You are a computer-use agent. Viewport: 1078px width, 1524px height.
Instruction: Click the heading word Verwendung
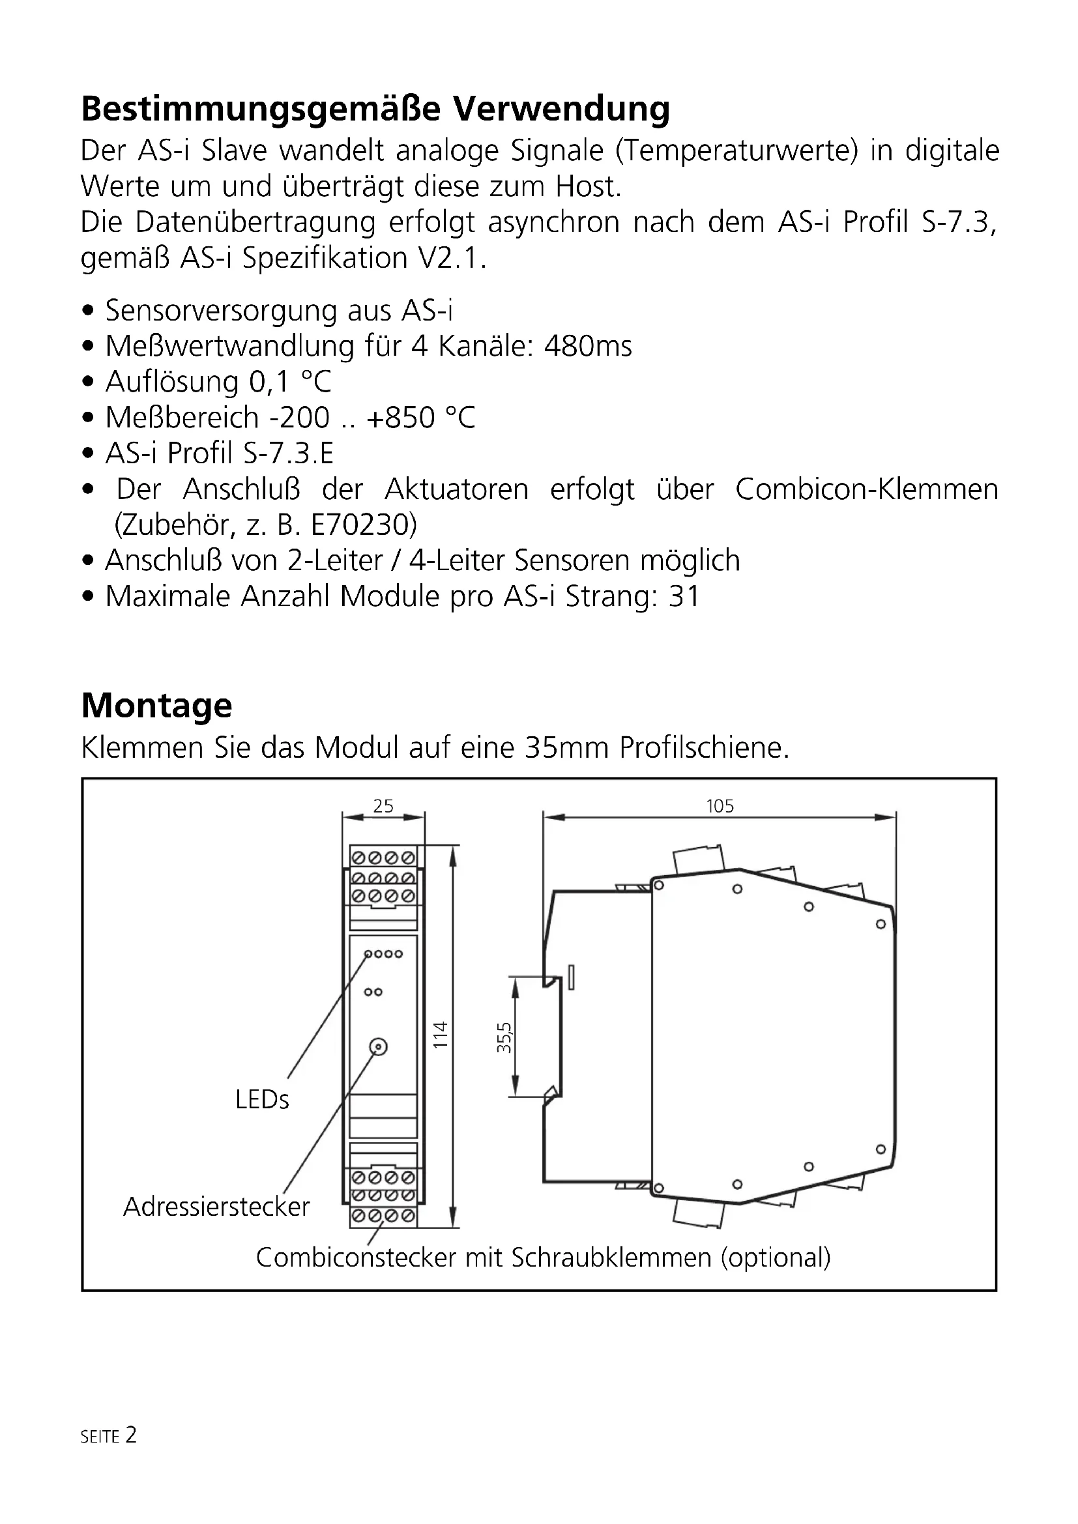coord(561,109)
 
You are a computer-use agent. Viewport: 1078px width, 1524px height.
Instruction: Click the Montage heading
coord(156,706)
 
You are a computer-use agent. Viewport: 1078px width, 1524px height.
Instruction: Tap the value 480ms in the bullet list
coord(587,347)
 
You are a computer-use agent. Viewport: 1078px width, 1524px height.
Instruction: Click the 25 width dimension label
coord(383,806)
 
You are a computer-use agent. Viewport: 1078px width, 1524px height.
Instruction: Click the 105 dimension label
coord(720,806)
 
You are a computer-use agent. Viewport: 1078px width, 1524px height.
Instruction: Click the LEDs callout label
coord(262,1100)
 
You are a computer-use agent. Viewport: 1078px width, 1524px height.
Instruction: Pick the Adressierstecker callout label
coord(216,1207)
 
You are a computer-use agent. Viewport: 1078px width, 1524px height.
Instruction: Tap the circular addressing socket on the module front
coord(378,1048)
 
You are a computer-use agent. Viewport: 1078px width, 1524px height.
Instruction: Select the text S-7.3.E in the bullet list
coord(288,454)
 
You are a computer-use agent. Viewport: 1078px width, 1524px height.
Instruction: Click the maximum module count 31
coord(684,597)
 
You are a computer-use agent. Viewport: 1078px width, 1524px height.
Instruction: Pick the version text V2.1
coord(451,258)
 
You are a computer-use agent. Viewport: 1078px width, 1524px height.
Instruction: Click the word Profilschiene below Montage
coord(705,748)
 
